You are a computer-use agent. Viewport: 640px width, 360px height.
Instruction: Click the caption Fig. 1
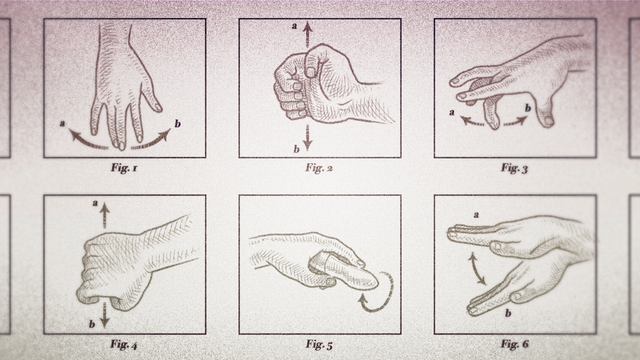124,168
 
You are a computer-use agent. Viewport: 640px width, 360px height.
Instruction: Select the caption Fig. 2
319,168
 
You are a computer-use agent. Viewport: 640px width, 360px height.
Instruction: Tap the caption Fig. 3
514,168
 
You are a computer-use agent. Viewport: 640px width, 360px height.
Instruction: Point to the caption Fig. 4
124,344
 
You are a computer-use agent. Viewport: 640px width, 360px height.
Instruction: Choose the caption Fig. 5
319,344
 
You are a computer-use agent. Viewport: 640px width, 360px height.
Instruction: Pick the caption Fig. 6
514,344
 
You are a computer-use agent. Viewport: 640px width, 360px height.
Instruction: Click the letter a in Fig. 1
63,123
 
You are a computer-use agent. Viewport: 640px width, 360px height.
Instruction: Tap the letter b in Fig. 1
177,124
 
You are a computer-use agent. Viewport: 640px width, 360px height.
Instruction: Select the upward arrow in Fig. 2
307,34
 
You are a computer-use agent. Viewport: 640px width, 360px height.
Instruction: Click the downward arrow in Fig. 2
307,137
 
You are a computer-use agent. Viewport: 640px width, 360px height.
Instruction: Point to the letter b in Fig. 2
296,149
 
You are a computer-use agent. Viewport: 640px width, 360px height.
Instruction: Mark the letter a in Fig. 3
452,112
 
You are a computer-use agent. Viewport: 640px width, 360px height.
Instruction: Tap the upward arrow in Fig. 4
105,215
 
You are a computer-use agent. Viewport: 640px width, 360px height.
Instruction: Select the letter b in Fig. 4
92,324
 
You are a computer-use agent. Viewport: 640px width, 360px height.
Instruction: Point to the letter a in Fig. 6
476,215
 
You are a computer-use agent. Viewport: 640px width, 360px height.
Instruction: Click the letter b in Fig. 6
508,313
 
